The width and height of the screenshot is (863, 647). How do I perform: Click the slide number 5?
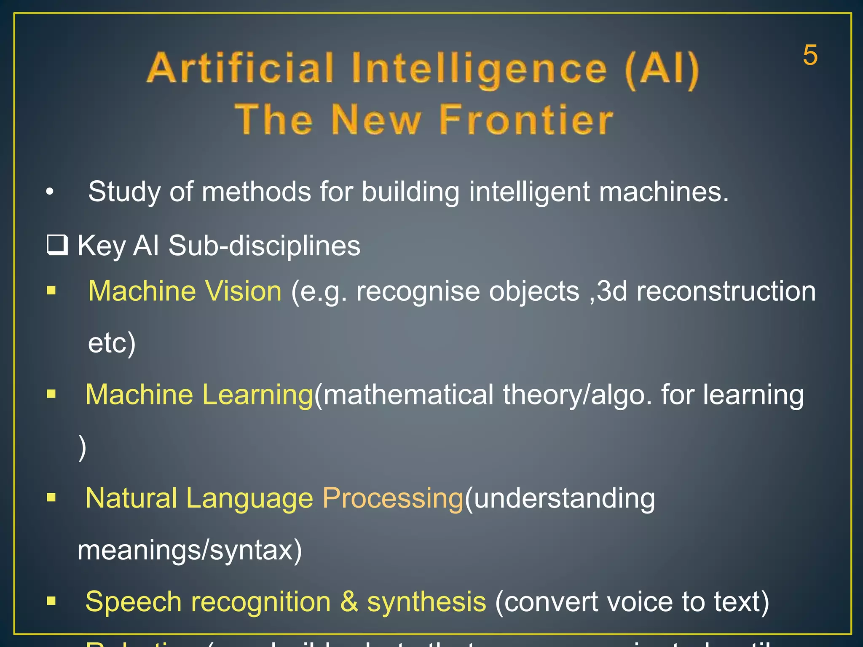(810, 55)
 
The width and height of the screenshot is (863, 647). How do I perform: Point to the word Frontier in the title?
(525, 120)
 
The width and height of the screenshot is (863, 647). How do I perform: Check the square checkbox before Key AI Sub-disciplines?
(57, 245)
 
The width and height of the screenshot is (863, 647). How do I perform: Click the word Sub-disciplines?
(264, 246)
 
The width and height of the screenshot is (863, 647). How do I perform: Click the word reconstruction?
(726, 291)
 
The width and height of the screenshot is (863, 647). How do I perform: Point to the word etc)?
(112, 343)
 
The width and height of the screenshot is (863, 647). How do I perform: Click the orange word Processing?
(393, 498)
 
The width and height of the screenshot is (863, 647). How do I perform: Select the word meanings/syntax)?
(190, 550)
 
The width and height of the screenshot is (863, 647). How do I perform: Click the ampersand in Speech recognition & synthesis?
(349, 602)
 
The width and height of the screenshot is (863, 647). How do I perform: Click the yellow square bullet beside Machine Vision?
(51, 291)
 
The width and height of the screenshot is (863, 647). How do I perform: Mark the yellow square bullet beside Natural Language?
(51, 497)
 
